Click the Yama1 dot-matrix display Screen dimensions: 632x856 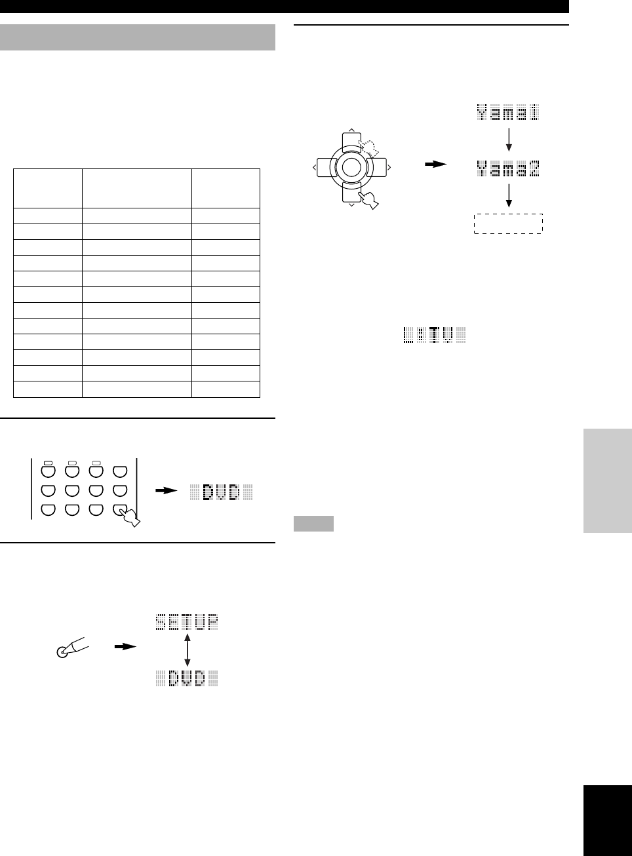click(508, 113)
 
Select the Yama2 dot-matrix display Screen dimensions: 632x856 click(508, 169)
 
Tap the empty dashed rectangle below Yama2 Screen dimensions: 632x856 click(508, 224)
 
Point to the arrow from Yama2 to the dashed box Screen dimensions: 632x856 click(509, 196)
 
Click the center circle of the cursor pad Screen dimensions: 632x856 click(351, 167)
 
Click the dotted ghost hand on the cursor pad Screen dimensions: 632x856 click(368, 148)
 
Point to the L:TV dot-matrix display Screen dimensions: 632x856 click(435, 336)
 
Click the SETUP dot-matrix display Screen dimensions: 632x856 click(187, 622)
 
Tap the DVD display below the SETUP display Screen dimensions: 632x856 click(187, 678)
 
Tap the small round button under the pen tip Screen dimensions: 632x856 click(62, 652)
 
